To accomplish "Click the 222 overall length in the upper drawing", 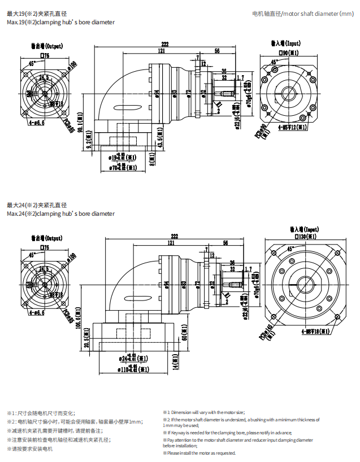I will pos(164,44).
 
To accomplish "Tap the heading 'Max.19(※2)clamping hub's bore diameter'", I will pos(60,22).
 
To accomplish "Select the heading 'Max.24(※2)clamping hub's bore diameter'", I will pos(60,213).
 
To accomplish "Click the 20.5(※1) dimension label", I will pos(87,342).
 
